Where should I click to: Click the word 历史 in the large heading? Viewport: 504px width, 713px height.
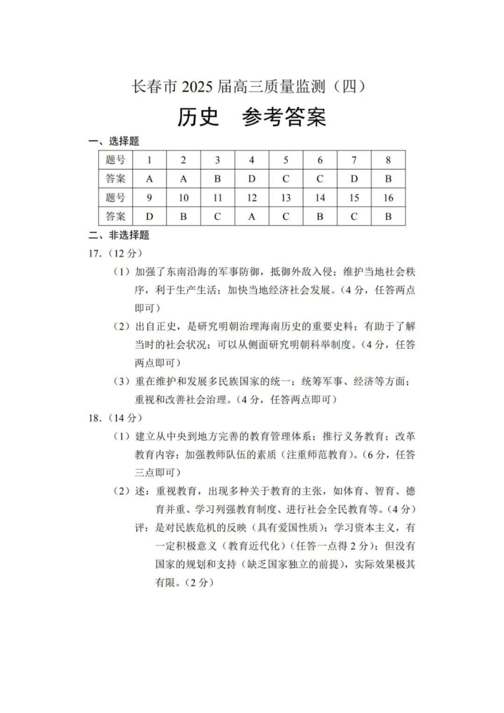coord(197,117)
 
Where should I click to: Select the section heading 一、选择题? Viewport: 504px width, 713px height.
coord(114,141)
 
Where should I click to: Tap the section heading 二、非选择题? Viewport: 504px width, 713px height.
coord(119,235)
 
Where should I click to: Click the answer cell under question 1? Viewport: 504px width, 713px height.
coord(150,179)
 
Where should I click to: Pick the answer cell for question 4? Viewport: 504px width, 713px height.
coord(251,179)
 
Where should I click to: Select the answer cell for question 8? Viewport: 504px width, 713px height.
coord(388,179)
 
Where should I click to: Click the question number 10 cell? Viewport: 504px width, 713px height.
coord(184,198)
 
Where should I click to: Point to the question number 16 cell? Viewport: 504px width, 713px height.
coord(388,198)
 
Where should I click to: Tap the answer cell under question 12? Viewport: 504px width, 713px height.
coord(251,216)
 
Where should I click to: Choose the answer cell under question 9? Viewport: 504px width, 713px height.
coord(150,216)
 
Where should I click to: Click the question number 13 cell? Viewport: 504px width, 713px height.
coord(286,198)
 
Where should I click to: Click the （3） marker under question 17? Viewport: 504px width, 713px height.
coord(122,381)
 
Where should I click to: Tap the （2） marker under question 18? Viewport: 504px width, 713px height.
coord(122,491)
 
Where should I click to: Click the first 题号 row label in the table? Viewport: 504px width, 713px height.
coord(116,160)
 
